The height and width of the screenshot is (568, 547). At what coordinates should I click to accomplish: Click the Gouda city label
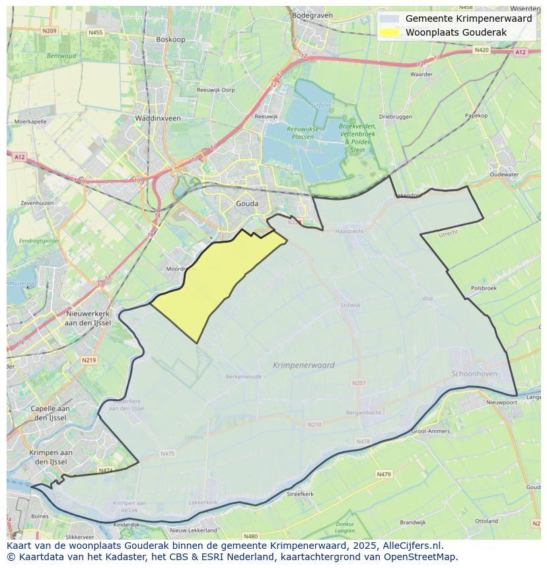[x=247, y=204]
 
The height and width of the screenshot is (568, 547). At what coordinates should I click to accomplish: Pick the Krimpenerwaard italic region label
[x=303, y=365]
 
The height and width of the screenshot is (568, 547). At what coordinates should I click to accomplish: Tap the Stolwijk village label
[x=350, y=305]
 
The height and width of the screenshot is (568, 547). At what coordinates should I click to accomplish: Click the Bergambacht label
[x=363, y=412]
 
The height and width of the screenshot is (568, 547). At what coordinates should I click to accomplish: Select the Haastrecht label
[x=349, y=232]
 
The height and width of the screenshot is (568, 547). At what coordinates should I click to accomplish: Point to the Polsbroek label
[x=484, y=288]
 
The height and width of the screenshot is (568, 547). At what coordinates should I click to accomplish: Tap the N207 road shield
[x=358, y=383]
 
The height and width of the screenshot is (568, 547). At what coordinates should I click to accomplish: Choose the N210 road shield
[x=314, y=424]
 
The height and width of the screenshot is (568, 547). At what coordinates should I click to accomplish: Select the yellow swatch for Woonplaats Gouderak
[x=390, y=32]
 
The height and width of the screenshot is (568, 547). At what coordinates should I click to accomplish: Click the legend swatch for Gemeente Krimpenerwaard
[x=390, y=19]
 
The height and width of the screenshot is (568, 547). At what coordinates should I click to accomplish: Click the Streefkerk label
[x=300, y=493]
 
